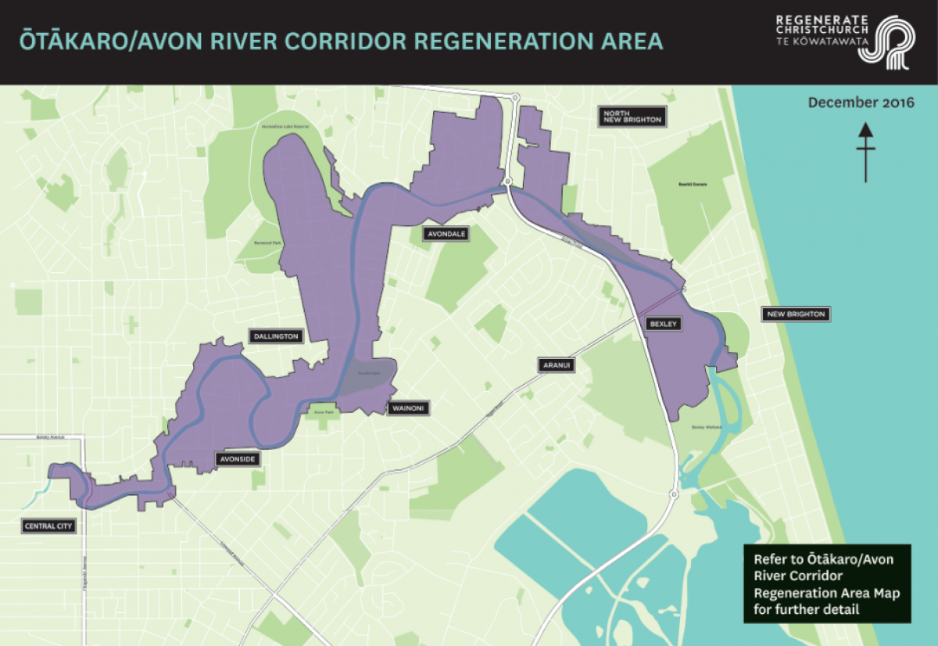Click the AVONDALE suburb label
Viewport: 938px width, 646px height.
pos(446,233)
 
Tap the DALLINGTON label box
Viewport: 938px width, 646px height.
pos(276,336)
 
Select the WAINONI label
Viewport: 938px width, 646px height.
pos(409,407)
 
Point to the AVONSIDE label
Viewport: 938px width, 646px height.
pos(237,459)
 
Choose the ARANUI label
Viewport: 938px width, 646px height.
pos(556,364)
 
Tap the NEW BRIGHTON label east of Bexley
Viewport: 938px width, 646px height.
pos(795,314)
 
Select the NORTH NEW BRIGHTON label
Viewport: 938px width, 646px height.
pos(632,117)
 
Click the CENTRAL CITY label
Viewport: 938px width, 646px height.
pos(49,526)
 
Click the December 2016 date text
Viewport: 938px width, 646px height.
pos(861,102)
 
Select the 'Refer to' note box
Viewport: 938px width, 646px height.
pos(827,583)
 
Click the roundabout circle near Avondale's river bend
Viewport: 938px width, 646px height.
pos(507,181)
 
